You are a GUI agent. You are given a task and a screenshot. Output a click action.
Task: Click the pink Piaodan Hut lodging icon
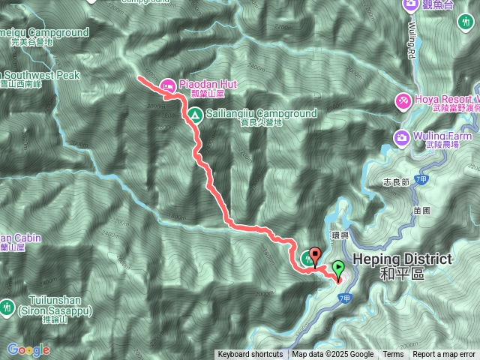click(167, 85)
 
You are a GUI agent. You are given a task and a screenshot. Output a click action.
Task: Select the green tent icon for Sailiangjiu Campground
click(193, 115)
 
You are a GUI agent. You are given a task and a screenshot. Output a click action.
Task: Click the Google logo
click(28, 349)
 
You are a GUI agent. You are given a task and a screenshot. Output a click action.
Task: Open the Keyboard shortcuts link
click(250, 355)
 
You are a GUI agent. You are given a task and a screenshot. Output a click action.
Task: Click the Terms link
click(393, 355)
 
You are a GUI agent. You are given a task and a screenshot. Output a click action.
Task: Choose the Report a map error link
click(444, 355)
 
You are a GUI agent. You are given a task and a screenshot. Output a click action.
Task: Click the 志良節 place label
click(395, 182)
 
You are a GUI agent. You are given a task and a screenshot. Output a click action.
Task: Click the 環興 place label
click(340, 234)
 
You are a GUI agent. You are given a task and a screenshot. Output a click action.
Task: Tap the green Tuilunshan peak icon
click(7, 307)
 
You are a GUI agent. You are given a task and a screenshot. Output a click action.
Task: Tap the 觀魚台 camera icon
click(410, 5)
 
